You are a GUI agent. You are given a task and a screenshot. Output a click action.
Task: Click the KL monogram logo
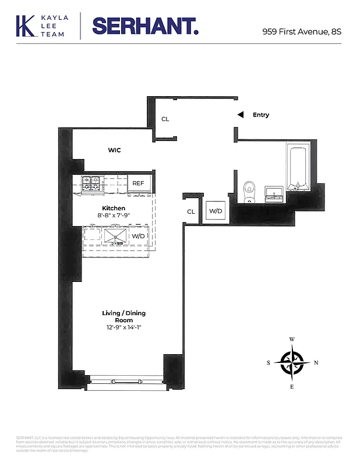point(26,26)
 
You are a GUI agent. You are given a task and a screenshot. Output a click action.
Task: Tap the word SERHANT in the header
point(145,26)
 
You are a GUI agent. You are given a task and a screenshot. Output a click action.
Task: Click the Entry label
point(260,115)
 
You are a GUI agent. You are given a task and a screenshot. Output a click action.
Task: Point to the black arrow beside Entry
point(239,115)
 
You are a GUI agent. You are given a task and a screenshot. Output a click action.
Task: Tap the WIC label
point(114,150)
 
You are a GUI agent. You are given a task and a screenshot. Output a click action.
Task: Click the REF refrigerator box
point(139,183)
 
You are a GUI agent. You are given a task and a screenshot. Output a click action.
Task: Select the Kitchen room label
point(114,208)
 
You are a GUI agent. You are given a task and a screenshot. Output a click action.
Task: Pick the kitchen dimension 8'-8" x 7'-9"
point(114,216)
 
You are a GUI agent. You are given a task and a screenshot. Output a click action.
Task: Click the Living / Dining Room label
point(123,317)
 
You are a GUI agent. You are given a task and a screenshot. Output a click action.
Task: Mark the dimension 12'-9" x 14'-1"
point(123,328)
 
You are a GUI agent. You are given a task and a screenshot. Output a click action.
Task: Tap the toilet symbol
point(249,191)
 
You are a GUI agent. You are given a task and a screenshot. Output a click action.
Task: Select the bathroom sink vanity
point(274,193)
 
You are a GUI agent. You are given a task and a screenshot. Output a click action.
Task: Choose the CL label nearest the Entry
point(165,119)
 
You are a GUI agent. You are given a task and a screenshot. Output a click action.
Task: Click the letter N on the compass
point(316,363)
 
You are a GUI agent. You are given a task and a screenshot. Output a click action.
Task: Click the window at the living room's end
point(125,382)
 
